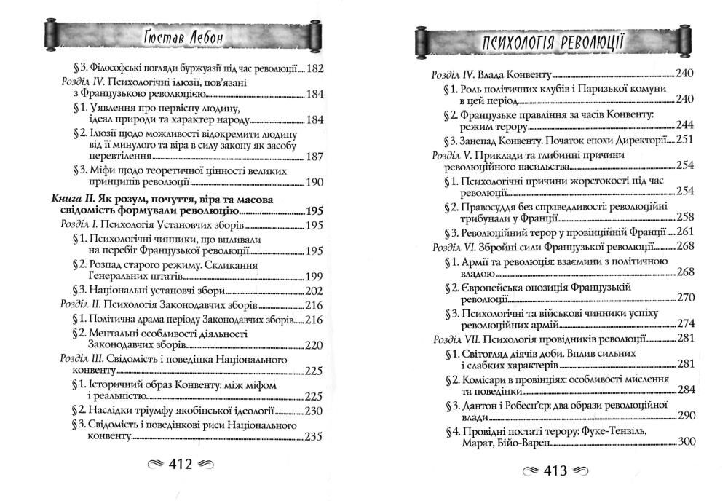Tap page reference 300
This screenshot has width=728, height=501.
(687, 442)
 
